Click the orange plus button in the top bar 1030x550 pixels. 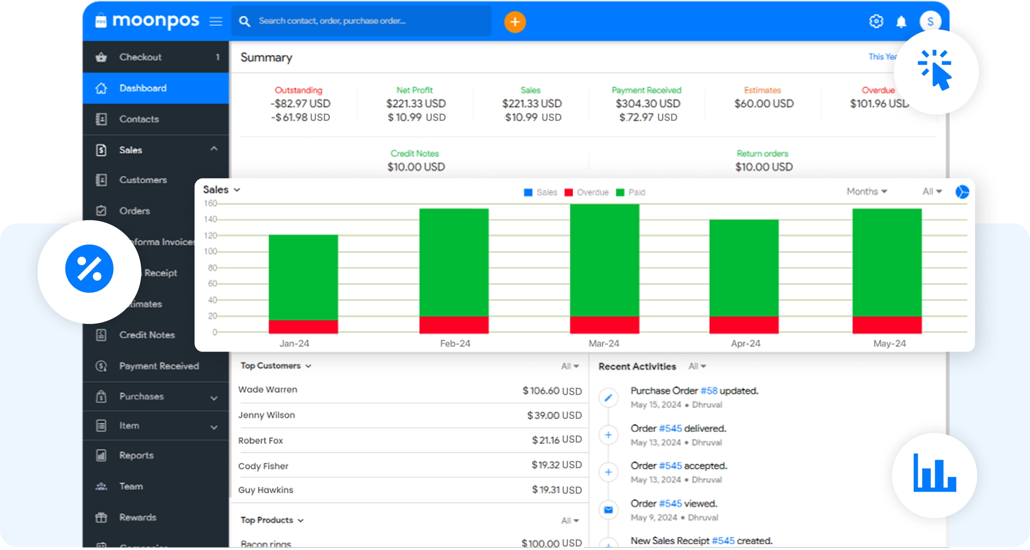pyautogui.click(x=515, y=22)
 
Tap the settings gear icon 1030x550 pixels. pyautogui.click(x=876, y=21)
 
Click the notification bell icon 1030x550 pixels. pyautogui.click(x=901, y=21)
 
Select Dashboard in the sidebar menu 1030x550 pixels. pyautogui.click(x=143, y=88)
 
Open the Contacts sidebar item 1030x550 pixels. pyautogui.click(x=139, y=119)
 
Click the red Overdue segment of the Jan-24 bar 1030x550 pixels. pyautogui.click(x=303, y=326)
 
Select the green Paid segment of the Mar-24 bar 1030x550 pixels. pyautogui.click(x=604, y=260)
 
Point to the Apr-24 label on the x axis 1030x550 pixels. pyautogui.click(x=745, y=343)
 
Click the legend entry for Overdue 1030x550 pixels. pyautogui.click(x=592, y=192)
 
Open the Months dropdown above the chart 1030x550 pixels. pyautogui.click(x=867, y=192)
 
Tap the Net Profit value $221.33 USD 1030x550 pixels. pyautogui.click(x=416, y=103)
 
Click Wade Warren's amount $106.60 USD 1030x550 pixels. pyautogui.click(x=552, y=391)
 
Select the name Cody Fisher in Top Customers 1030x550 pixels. pyautogui.click(x=263, y=466)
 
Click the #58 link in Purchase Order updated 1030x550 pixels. pyautogui.click(x=709, y=391)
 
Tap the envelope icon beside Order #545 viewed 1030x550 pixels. pyautogui.click(x=608, y=510)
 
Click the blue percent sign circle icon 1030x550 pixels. pyautogui.click(x=89, y=269)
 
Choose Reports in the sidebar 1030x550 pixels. pyautogui.click(x=136, y=455)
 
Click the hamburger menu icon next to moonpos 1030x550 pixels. pyautogui.click(x=216, y=21)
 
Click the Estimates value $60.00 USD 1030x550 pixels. pyautogui.click(x=764, y=103)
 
